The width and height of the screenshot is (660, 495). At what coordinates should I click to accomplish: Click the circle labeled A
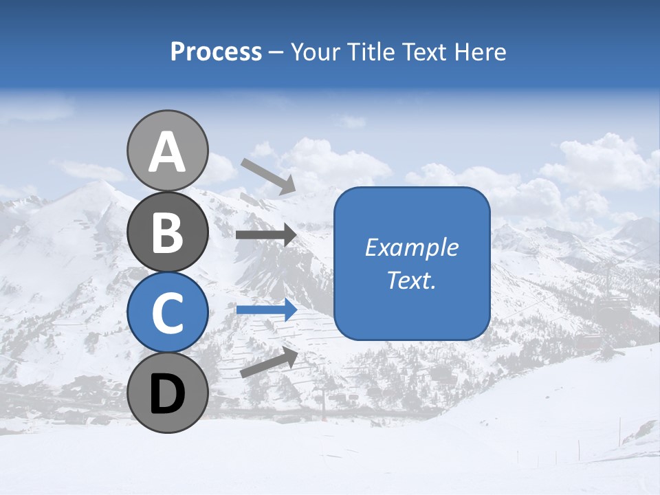point(167,151)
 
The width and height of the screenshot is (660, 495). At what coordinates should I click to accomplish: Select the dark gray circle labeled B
point(167,232)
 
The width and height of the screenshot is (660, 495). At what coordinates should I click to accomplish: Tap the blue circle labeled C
point(167,312)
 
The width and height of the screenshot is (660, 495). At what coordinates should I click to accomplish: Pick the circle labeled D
point(167,393)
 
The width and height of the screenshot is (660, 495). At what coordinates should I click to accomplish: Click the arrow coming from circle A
point(268,176)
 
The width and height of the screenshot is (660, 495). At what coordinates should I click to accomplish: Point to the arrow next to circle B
point(266,235)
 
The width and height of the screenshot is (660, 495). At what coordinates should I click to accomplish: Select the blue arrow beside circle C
point(266,309)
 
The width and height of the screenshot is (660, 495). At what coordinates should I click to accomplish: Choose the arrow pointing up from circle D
point(269,362)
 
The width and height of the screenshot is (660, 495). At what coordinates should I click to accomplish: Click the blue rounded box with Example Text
point(412,263)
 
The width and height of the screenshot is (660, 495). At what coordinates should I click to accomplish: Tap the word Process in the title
point(216,52)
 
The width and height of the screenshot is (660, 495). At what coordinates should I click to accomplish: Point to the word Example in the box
point(412,247)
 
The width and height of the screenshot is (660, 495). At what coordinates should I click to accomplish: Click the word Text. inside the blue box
point(412,280)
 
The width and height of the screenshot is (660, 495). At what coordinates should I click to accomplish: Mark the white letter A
point(167,152)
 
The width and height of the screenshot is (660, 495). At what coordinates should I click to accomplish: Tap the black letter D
point(167,394)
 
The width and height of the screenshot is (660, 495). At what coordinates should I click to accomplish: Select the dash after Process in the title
point(276,52)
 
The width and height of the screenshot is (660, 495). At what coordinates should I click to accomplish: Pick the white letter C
point(167,313)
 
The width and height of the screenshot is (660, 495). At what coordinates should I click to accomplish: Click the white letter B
point(167,232)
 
